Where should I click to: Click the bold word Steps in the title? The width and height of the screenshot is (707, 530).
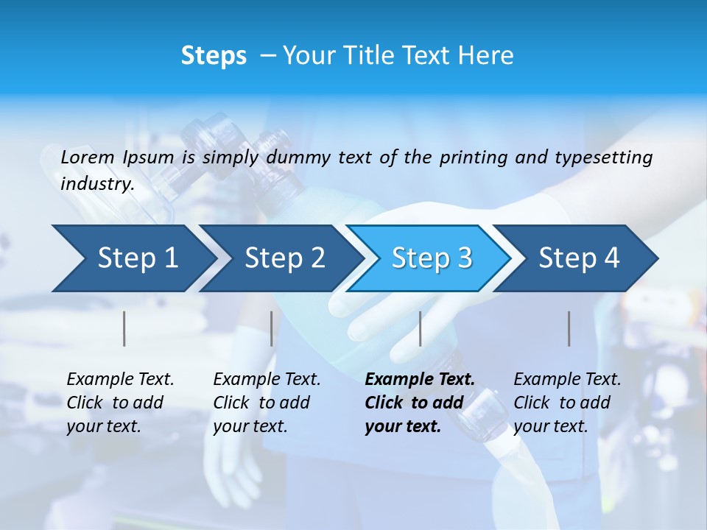click(214, 56)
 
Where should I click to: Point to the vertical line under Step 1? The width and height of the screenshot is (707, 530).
click(124, 328)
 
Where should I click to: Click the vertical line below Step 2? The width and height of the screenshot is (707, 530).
click(272, 328)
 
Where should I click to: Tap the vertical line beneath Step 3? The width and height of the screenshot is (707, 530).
click(420, 328)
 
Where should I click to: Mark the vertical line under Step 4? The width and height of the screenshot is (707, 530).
click(569, 328)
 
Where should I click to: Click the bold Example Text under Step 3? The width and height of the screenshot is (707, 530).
click(420, 380)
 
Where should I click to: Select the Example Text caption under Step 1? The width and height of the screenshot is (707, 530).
click(120, 380)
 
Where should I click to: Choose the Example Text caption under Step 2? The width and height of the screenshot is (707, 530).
click(267, 380)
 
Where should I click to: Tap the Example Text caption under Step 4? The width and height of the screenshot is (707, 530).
click(567, 380)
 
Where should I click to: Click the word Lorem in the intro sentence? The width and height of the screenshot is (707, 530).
click(88, 158)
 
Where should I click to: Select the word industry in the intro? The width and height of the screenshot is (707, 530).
click(96, 184)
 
